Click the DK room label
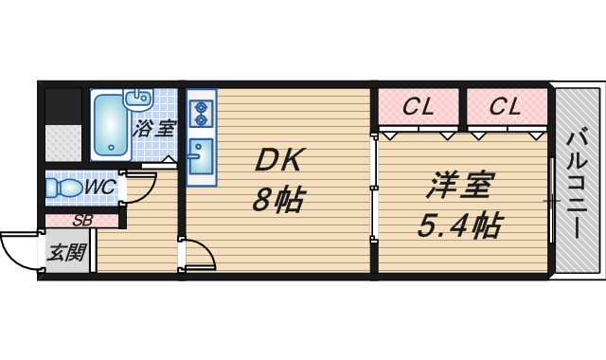click(278, 160)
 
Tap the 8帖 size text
click(277, 199)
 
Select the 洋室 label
click(460, 185)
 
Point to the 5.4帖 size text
click(460, 225)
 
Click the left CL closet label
click(419, 106)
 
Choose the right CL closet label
click(506, 106)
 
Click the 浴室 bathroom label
click(154, 129)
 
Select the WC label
click(99, 188)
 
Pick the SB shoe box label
click(82, 221)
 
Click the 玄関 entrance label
click(66, 253)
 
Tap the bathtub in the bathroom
click(111, 125)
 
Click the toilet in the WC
click(63, 188)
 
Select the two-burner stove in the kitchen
click(201, 114)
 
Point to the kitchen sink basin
click(201, 156)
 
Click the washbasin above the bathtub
click(137, 99)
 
